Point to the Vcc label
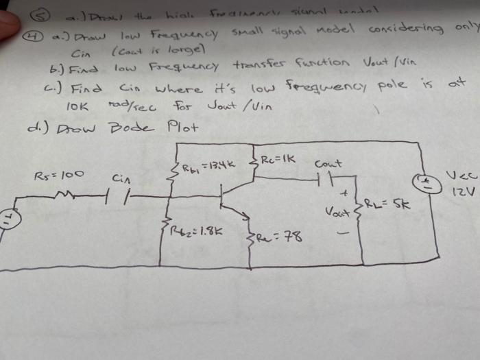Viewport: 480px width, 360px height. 461,176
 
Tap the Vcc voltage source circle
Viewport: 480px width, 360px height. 420,182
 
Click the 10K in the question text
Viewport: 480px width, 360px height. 77,108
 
